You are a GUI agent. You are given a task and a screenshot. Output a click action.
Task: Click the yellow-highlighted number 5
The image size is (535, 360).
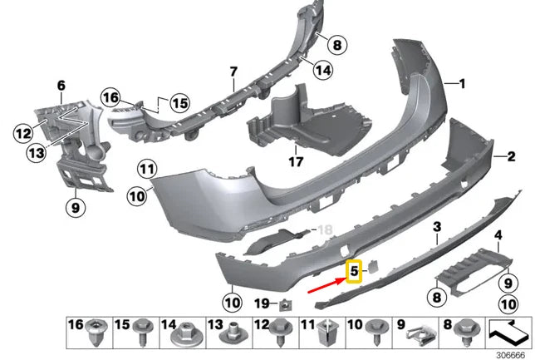tap(354, 271)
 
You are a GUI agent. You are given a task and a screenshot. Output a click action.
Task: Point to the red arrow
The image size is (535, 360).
tap(326, 285)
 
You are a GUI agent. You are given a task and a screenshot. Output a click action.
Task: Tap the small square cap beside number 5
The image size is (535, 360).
tap(372, 266)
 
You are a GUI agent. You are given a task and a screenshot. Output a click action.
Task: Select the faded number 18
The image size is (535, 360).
tap(325, 229)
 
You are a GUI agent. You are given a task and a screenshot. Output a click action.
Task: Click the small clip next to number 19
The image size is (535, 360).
tap(286, 304)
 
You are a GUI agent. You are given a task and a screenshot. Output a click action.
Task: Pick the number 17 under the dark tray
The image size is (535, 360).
tap(296, 161)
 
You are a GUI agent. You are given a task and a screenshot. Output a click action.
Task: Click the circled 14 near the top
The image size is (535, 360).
tap(323, 71)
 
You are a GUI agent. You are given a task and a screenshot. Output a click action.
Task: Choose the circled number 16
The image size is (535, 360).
tap(110, 97)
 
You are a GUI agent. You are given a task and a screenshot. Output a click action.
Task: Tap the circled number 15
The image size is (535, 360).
tap(179, 103)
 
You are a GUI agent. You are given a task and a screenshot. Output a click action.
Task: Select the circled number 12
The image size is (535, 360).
tap(23, 133)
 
